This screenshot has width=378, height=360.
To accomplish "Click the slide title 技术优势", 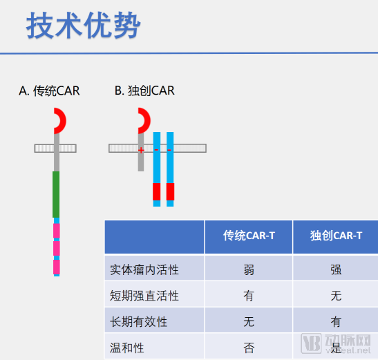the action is pyautogui.click(x=84, y=26).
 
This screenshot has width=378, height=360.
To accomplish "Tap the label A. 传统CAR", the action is pyautogui.click(x=49, y=91).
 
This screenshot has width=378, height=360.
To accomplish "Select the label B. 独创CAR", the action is pyautogui.click(x=144, y=91).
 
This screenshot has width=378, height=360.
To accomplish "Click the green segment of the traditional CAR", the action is pyautogui.click(x=56, y=194).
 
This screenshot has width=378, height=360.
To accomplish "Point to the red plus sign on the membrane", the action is pyautogui.click(x=141, y=151).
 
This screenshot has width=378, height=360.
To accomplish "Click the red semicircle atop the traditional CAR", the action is pyautogui.click(x=62, y=120).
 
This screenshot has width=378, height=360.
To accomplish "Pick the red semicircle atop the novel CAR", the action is pyautogui.click(x=147, y=120).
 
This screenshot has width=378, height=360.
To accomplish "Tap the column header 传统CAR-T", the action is pyautogui.click(x=249, y=236).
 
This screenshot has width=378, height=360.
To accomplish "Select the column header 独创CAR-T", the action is pyautogui.click(x=336, y=236).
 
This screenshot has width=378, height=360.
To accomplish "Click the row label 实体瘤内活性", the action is pyautogui.click(x=144, y=269).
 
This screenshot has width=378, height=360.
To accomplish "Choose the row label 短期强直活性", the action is pyautogui.click(x=144, y=296).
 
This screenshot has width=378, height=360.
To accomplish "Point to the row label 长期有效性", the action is pyautogui.click(x=138, y=322).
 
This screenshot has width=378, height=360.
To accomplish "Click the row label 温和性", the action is pyautogui.click(x=126, y=348).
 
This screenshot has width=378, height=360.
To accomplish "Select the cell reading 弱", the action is pyautogui.click(x=249, y=269).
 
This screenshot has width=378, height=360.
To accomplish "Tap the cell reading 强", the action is pyautogui.click(x=336, y=269).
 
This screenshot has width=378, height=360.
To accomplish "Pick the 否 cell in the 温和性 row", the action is pyautogui.click(x=249, y=348).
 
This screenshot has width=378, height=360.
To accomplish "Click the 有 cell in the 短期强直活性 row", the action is pyautogui.click(x=249, y=296).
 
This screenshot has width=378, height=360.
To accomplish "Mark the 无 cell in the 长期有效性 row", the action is pyautogui.click(x=249, y=322).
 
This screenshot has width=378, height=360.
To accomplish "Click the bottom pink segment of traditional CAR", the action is pyautogui.click(x=57, y=267).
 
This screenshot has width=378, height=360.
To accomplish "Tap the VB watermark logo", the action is pyautogui.click(x=311, y=343).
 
